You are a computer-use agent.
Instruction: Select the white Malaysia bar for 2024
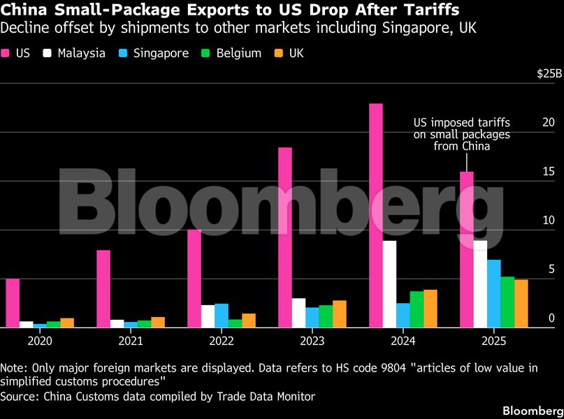coord(389,284)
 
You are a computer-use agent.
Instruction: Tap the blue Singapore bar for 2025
coord(493,293)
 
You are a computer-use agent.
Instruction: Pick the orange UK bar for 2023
coord(339,314)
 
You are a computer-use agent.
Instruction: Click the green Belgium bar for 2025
coord(507,302)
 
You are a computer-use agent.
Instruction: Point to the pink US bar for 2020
coord(13,302)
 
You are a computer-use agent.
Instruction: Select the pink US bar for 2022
coord(194,278)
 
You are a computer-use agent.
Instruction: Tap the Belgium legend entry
coord(232,53)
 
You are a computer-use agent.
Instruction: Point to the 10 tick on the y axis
coord(549,221)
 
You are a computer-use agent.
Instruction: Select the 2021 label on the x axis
coord(131,341)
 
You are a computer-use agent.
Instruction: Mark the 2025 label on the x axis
coord(493,341)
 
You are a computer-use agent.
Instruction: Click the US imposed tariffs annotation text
coord(462,134)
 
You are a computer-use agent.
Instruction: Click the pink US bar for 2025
coord(466,249)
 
